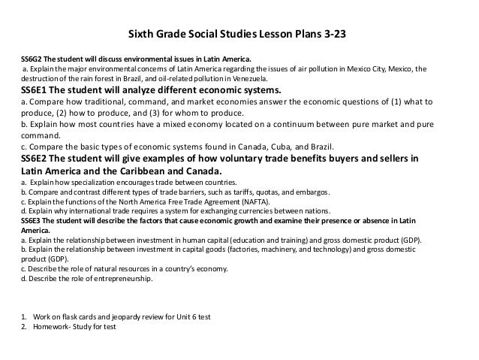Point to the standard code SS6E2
(x=38, y=159)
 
